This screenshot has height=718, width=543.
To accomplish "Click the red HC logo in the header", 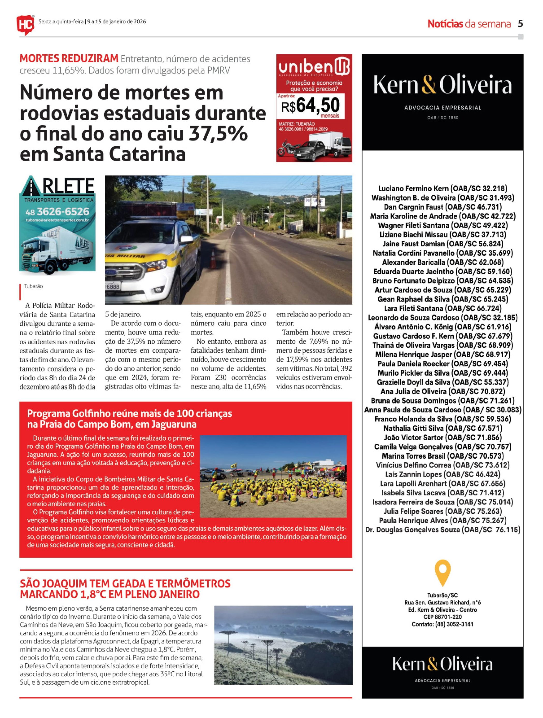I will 25,24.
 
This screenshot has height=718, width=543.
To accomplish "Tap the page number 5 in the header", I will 520,24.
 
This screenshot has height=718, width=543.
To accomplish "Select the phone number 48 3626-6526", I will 57,212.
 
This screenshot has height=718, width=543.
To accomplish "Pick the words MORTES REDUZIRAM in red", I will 69,59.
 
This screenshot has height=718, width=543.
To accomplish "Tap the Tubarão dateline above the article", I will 33,286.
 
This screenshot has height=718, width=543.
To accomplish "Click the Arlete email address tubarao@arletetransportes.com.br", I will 57,220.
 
